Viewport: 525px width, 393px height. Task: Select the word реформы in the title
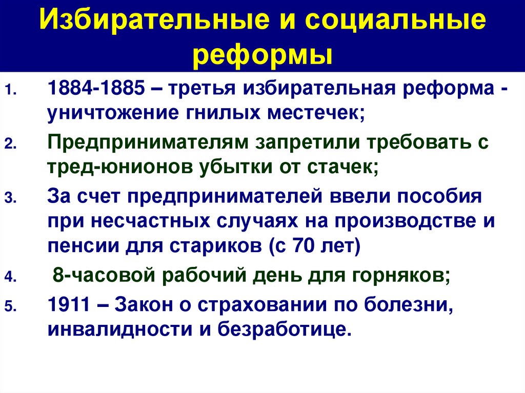262,54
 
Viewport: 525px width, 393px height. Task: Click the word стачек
343,167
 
